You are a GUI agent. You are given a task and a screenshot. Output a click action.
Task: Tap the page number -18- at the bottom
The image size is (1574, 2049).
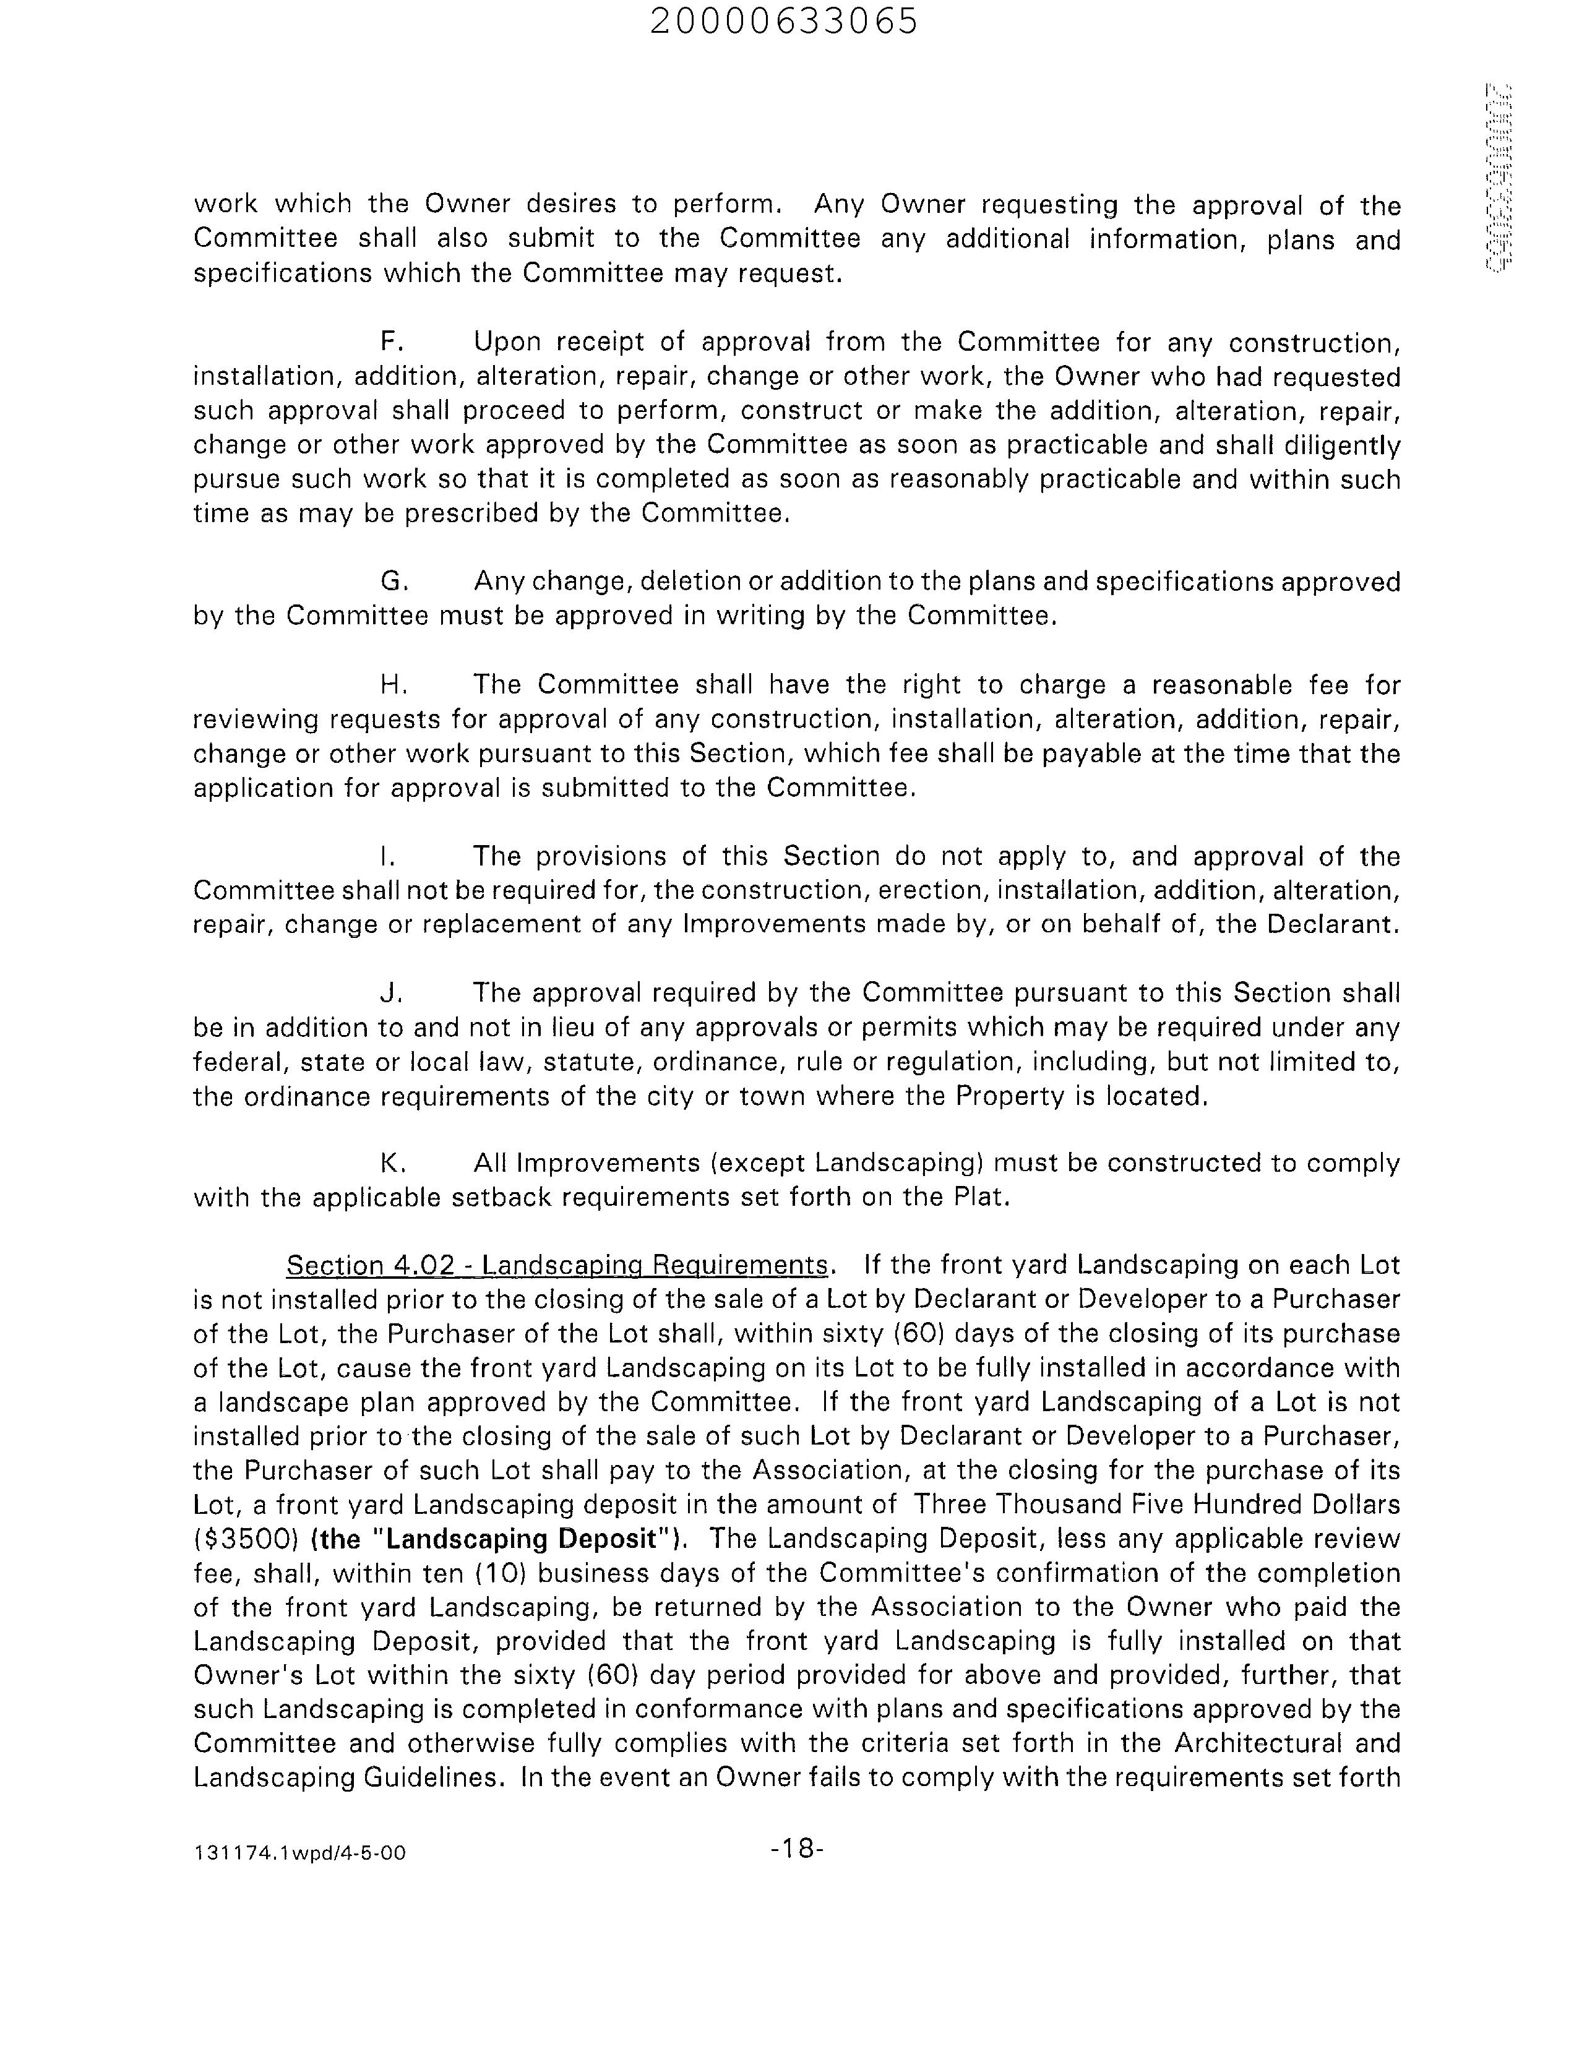pyautogui.click(x=796, y=1847)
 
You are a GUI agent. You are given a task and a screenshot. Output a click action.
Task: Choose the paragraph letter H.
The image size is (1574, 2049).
pyautogui.click(x=392, y=684)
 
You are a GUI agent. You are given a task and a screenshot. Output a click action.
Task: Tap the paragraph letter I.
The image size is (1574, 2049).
pyautogui.click(x=385, y=856)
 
